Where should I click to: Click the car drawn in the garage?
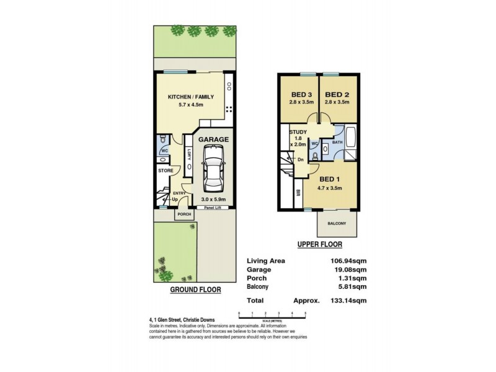(213, 174)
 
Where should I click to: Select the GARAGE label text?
(213, 139)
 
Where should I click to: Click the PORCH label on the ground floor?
(184, 215)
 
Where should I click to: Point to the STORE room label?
(165, 170)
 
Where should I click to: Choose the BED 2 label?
(337, 94)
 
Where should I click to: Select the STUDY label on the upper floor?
(298, 131)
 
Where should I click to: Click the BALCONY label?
(337, 224)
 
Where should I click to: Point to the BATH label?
(337, 142)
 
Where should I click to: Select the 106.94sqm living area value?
(351, 260)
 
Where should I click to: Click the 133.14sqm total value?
(351, 300)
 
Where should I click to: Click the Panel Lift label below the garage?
(214, 208)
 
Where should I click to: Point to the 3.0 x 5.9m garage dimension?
(213, 199)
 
